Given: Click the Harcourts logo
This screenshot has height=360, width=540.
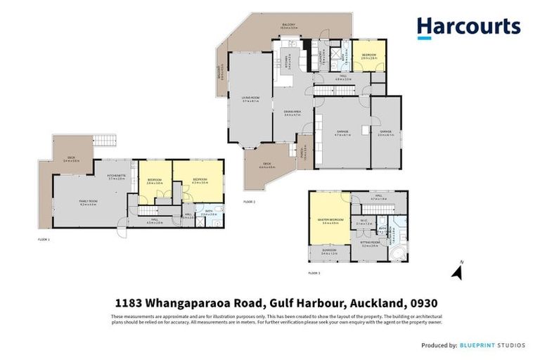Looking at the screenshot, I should pos(468,27).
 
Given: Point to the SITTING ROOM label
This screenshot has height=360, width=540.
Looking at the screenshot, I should pos(370,245).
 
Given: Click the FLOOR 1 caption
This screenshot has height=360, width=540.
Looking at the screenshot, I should pos(44,240).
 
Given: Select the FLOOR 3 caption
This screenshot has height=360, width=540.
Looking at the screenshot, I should pos(314,271).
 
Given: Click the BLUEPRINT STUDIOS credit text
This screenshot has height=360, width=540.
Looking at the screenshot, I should pos(496,345).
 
